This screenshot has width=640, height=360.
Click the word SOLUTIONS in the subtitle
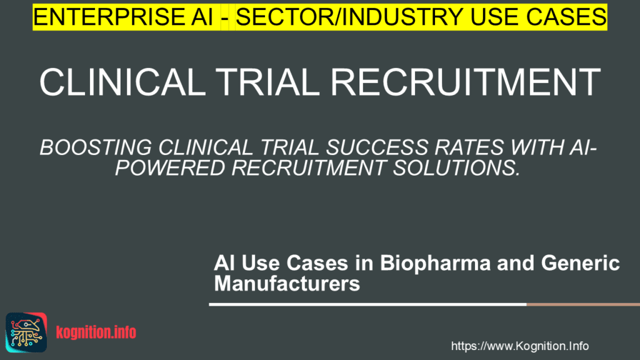coord(457,168)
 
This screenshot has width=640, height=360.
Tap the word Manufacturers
coord(287,283)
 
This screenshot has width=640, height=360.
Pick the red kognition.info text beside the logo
coord(96,332)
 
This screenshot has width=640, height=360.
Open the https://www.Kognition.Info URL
coord(519,346)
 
